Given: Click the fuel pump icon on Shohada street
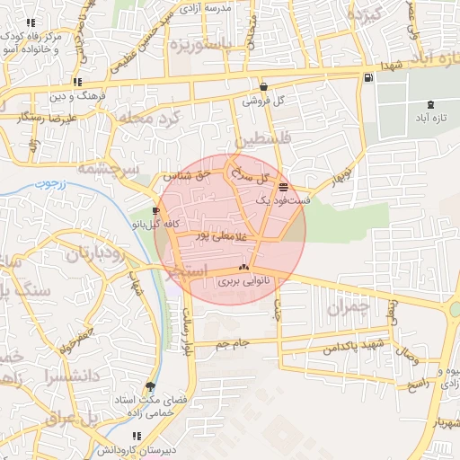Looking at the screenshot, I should (368, 78).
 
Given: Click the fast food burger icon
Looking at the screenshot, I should (284, 187).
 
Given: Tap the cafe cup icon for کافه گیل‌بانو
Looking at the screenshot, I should (157, 210).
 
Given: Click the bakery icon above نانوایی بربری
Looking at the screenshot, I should (243, 268).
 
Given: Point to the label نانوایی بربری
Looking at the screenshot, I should (243, 281).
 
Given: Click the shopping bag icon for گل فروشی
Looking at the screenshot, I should (263, 87).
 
